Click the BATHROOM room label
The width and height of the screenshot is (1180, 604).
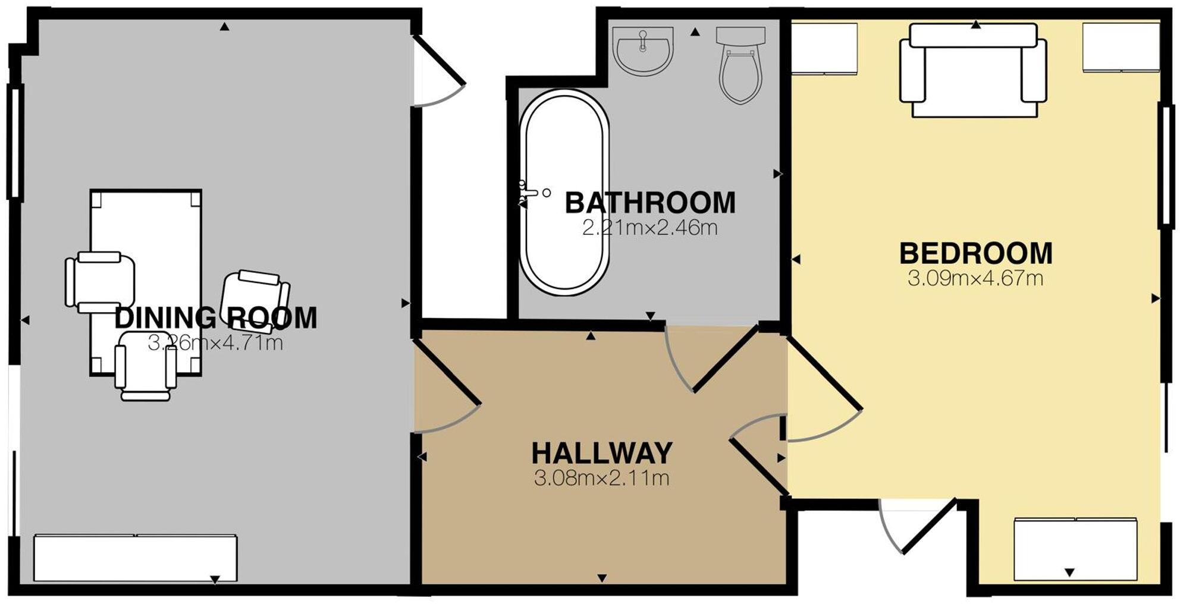pyautogui.click(x=649, y=203)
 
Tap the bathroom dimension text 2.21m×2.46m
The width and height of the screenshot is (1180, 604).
pyautogui.click(x=649, y=228)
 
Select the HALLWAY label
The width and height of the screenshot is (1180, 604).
pyautogui.click(x=601, y=453)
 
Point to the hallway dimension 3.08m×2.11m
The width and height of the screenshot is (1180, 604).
pyautogui.click(x=601, y=478)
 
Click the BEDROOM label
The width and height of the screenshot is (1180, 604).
pyautogui.click(x=975, y=253)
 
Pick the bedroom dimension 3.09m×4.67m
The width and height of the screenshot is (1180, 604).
pyautogui.click(x=975, y=278)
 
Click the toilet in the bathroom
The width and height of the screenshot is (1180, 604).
pyautogui.click(x=740, y=65)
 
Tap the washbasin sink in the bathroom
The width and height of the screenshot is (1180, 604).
pyautogui.click(x=644, y=51)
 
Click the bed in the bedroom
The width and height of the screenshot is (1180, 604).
pyautogui.click(x=973, y=70)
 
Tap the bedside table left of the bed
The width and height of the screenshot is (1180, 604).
pyautogui.click(x=824, y=49)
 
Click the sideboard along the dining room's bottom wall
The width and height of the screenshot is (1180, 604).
pyautogui.click(x=135, y=558)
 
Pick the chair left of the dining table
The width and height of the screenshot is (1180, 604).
pyautogui.click(x=99, y=282)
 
